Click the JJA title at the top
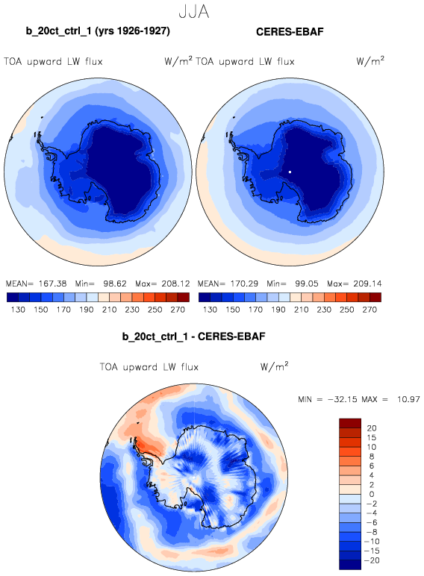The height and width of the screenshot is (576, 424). click(x=194, y=11)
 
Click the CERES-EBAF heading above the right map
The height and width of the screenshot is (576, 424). click(x=290, y=31)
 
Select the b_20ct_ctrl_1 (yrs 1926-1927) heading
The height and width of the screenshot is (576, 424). click(x=98, y=31)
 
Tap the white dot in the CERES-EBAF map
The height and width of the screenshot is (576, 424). click(x=290, y=172)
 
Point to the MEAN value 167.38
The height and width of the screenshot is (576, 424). click(x=52, y=284)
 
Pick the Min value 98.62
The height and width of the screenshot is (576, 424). click(x=115, y=284)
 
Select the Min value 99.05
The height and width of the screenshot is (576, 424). click(x=306, y=284)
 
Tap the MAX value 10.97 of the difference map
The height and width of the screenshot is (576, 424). click(x=408, y=399)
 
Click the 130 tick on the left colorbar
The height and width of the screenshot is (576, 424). click(x=18, y=310)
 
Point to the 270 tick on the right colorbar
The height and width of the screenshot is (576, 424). click(x=370, y=310)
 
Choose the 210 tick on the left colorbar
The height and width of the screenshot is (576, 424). click(x=109, y=310)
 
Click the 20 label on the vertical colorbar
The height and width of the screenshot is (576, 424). click(x=372, y=428)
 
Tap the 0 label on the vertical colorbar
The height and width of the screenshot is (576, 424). click(x=372, y=495)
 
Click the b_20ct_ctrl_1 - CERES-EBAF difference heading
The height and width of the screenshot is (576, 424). click(x=193, y=336)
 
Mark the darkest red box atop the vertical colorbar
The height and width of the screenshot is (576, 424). click(x=350, y=423)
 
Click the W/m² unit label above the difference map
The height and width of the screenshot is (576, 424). click(x=274, y=366)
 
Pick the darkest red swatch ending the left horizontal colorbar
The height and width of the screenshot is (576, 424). click(x=184, y=297)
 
